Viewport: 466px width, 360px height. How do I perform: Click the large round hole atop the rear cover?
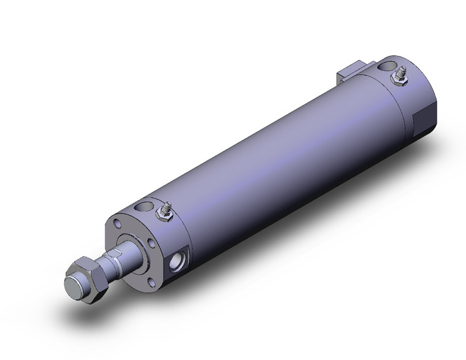pyautogui.click(x=388, y=65)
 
